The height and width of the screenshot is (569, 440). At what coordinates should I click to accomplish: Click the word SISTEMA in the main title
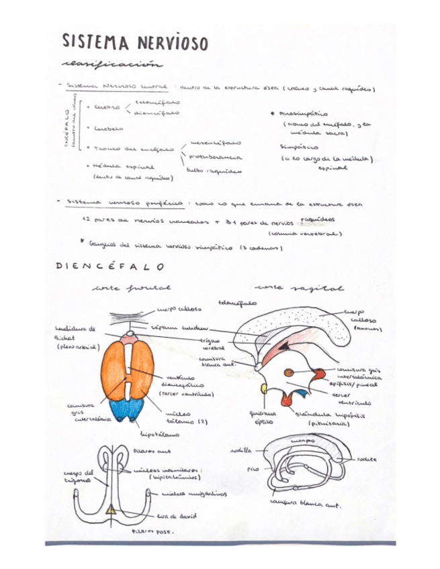[95, 42]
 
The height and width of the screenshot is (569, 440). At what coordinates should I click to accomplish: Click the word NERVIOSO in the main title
[171, 42]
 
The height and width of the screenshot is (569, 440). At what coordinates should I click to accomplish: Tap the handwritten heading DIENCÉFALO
[107, 266]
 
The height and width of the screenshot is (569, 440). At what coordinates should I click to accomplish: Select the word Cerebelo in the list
[108, 127]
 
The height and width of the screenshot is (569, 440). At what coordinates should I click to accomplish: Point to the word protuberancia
[215, 156]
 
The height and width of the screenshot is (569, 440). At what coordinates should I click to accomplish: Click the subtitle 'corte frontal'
[132, 289]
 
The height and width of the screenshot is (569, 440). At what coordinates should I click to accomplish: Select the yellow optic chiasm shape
[264, 389]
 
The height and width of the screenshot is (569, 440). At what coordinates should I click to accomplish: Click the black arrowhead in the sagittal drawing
[285, 346]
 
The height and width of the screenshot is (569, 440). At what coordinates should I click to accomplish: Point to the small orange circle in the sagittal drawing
[289, 372]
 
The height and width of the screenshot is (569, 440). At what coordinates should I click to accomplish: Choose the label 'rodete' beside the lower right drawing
[367, 460]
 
